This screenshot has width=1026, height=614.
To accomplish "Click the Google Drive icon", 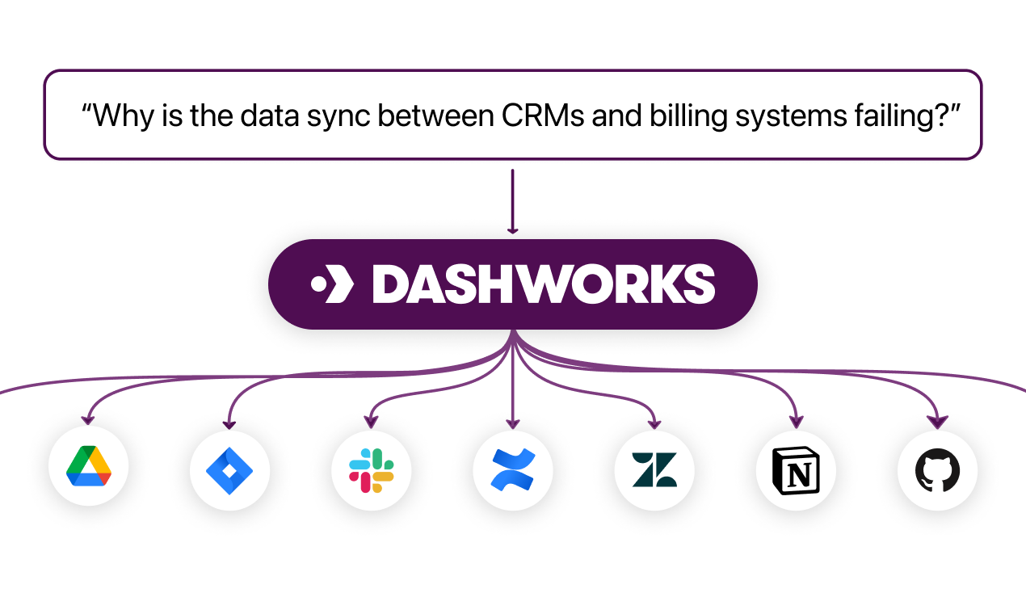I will pyautogui.click(x=89, y=467).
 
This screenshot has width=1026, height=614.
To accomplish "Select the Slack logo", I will pyautogui.click(x=371, y=469).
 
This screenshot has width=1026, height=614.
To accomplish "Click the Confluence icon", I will pyautogui.click(x=513, y=469).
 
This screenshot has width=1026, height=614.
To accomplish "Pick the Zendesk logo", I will pyautogui.click(x=654, y=469).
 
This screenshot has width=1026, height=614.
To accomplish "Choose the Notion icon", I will pyautogui.click(x=796, y=469).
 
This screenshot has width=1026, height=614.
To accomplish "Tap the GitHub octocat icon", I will pyautogui.click(x=937, y=470).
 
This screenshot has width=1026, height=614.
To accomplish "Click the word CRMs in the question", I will pyautogui.click(x=540, y=116).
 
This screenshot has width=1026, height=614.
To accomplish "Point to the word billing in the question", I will pyautogui.click(x=689, y=116).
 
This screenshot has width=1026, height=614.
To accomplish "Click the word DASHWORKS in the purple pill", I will pyautogui.click(x=544, y=284).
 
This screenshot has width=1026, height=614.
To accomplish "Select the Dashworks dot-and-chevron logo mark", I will pyautogui.click(x=329, y=285).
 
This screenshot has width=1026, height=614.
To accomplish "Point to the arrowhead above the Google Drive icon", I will pyautogui.click(x=87, y=419).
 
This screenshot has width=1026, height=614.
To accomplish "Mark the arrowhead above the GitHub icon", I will pyautogui.click(x=937, y=421).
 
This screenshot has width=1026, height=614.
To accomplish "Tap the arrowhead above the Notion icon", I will pyautogui.click(x=796, y=421).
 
